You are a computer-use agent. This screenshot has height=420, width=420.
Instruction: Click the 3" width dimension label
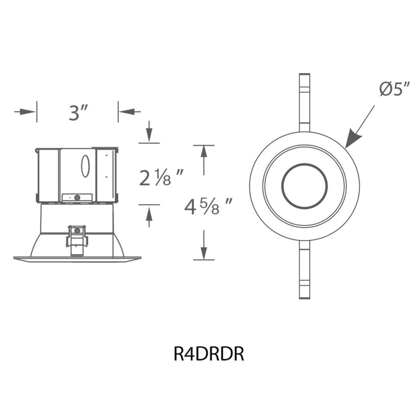pyautogui.click(x=78, y=113)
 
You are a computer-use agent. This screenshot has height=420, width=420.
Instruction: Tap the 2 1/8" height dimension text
pyautogui.click(x=161, y=177)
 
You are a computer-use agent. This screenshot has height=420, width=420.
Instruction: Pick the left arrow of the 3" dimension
pyautogui.click(x=25, y=112)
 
